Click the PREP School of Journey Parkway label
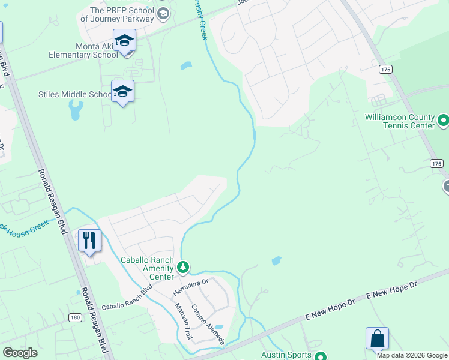(118, 14)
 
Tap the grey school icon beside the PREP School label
(163, 13)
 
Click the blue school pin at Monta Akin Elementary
(124, 41)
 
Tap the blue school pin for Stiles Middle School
(122, 92)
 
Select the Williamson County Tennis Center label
(399, 122)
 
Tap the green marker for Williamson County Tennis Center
(444, 121)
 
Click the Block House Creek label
(24, 226)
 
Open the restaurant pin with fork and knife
(89, 241)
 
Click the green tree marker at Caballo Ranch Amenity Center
(184, 267)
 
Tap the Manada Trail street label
(182, 322)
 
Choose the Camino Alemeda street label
(207, 323)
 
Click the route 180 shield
(75, 317)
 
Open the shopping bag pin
(377, 339)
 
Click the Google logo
(20, 353)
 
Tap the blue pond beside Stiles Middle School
(76, 110)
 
